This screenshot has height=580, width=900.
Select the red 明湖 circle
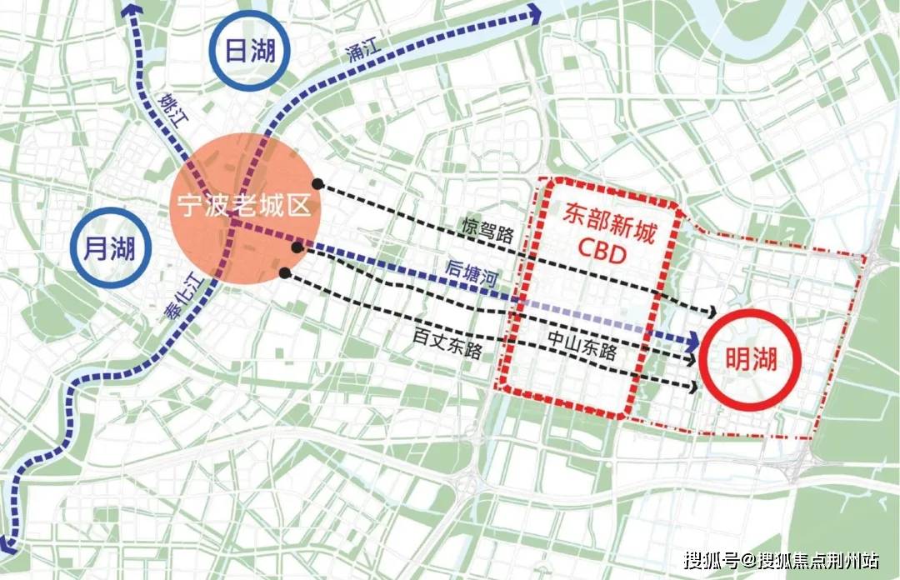(750, 359)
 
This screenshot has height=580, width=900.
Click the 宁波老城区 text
(242, 205)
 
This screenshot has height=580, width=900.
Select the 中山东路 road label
(582, 342)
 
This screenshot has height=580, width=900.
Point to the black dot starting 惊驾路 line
(317, 183)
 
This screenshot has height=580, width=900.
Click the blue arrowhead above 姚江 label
(131, 10)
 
